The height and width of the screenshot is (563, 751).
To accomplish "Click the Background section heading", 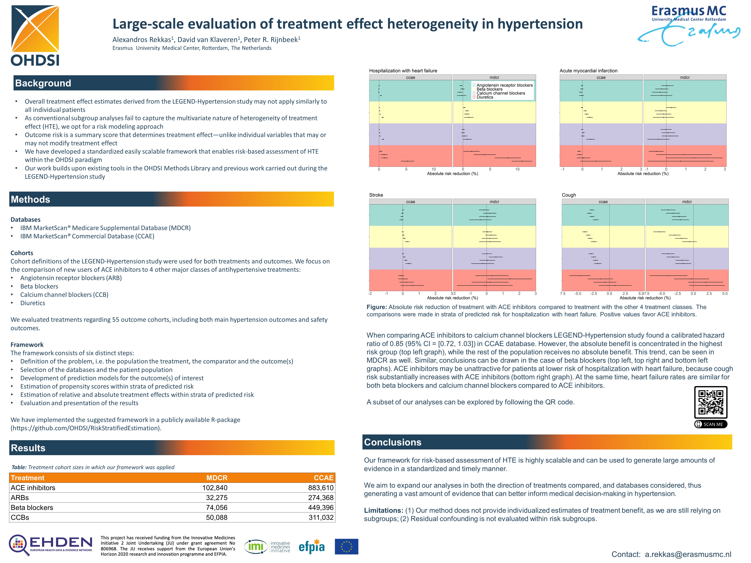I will click(x=43, y=83).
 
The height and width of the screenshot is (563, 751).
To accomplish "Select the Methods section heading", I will click(x=30, y=199).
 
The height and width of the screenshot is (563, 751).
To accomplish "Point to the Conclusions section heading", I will click(x=392, y=442).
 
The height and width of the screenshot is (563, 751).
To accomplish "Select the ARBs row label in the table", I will click(x=20, y=498).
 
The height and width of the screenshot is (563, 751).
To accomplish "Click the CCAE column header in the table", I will click(x=323, y=478).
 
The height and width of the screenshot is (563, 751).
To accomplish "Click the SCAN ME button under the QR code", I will click(x=711, y=424).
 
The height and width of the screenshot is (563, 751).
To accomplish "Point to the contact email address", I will click(x=688, y=554).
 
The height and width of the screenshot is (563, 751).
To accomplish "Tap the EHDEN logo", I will click(x=51, y=545).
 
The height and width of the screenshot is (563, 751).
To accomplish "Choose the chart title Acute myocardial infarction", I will click(x=588, y=71).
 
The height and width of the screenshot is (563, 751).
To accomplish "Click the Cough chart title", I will click(x=569, y=195).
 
